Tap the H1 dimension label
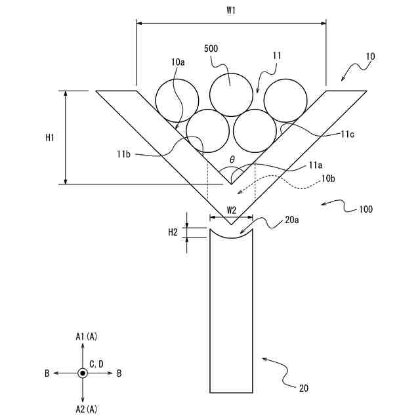(49, 138)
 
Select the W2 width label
(230, 210)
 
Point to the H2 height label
(173, 232)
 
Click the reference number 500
(211, 49)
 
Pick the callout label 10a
(177, 61)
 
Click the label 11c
(349, 134)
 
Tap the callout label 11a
(315, 167)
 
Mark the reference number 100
(366, 210)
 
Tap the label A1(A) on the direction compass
(86, 337)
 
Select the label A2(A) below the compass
(86, 409)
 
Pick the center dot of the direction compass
(82, 373)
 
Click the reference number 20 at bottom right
(303, 388)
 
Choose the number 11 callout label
(276, 56)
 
